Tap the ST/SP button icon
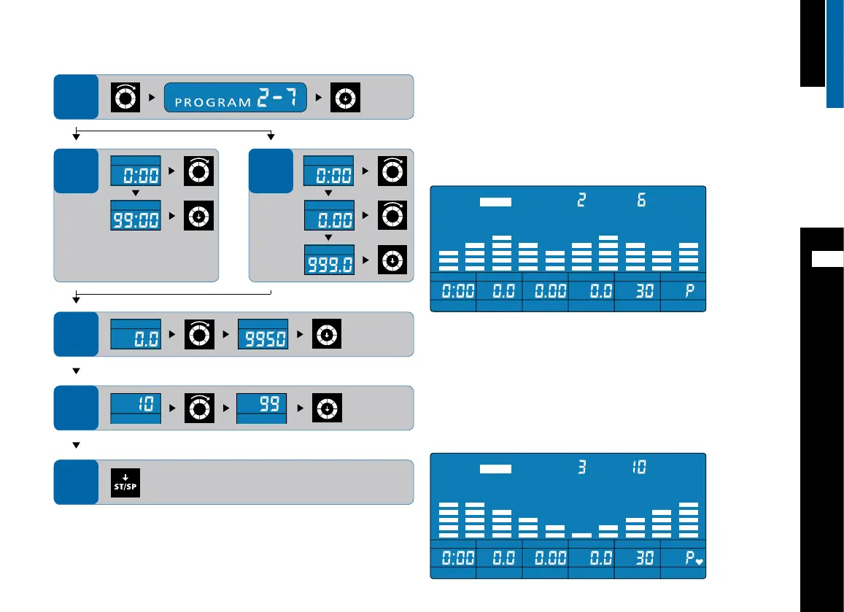click(x=125, y=483)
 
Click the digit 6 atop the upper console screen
click(x=642, y=200)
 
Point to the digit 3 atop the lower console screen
click(x=581, y=468)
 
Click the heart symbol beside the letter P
click(x=698, y=562)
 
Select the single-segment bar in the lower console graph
click(x=581, y=534)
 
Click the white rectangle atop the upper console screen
click(x=496, y=202)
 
